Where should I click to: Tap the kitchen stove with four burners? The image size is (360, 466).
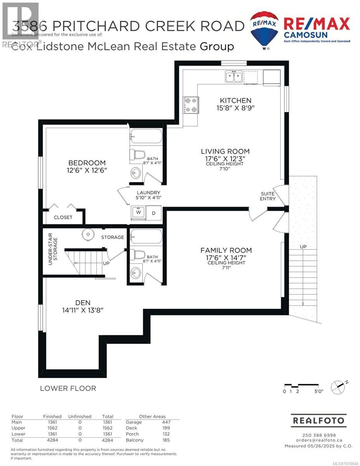[190, 105]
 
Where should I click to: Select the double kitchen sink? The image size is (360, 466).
[234, 77]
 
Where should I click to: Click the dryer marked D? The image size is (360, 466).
[153, 213]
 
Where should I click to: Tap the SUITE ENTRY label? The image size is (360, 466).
[268, 196]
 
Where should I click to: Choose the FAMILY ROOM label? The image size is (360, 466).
[226, 250]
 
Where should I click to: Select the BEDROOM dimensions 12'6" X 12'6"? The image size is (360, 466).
[87, 170]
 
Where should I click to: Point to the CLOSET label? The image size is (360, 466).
[63, 217]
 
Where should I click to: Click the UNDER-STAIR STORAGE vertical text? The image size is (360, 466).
[53, 252]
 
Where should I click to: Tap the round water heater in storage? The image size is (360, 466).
[89, 234]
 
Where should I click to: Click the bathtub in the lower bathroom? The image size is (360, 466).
[145, 236]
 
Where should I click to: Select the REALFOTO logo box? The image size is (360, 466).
[318, 421]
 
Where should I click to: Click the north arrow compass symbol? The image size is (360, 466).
[337, 387]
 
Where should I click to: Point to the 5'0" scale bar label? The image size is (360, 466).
[318, 391]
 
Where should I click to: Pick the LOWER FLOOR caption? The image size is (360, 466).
[68, 388]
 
